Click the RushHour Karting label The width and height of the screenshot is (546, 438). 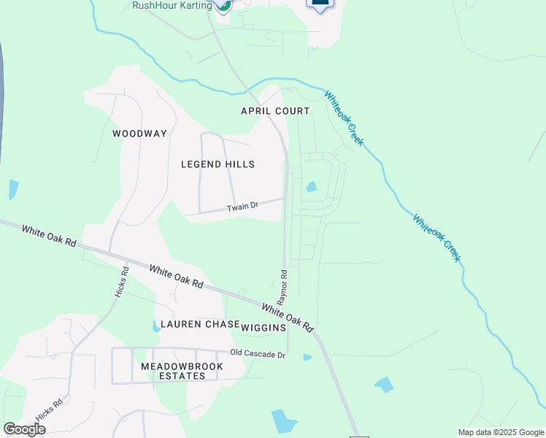[172, 5]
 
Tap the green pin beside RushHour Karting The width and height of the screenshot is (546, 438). [223, 4]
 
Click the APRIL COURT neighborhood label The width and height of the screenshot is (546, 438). [276, 111]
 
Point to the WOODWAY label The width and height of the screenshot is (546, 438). [139, 134]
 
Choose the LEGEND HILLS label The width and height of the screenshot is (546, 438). [218, 164]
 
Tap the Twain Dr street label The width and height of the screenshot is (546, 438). [242, 207]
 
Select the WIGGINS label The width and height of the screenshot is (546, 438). [264, 328]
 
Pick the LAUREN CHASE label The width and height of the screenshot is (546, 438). [200, 324]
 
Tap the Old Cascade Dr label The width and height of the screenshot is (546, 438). [257, 353]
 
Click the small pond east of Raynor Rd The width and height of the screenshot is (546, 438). [312, 187]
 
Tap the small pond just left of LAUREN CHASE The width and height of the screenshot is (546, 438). [156, 326]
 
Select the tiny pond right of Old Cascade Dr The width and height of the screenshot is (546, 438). [307, 358]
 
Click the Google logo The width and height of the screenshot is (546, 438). [25, 429]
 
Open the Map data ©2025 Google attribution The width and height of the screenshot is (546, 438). [499, 432]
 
